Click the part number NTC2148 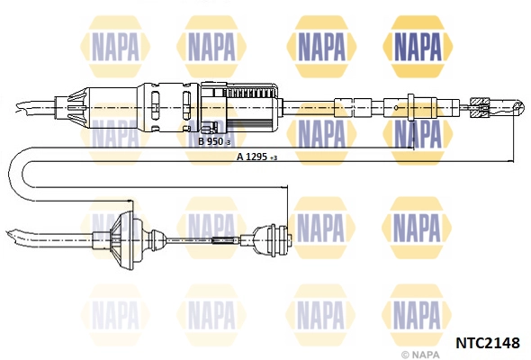pyautogui.click(x=488, y=343)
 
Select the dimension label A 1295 pyautogui.click(x=253, y=157)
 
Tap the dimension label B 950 pyautogui.click(x=211, y=141)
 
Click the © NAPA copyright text pyautogui.click(x=420, y=355)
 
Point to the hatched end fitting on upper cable pyautogui.click(x=481, y=107)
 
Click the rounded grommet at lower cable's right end pyautogui.click(x=272, y=239)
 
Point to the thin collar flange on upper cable pyautogui.click(x=410, y=107)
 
